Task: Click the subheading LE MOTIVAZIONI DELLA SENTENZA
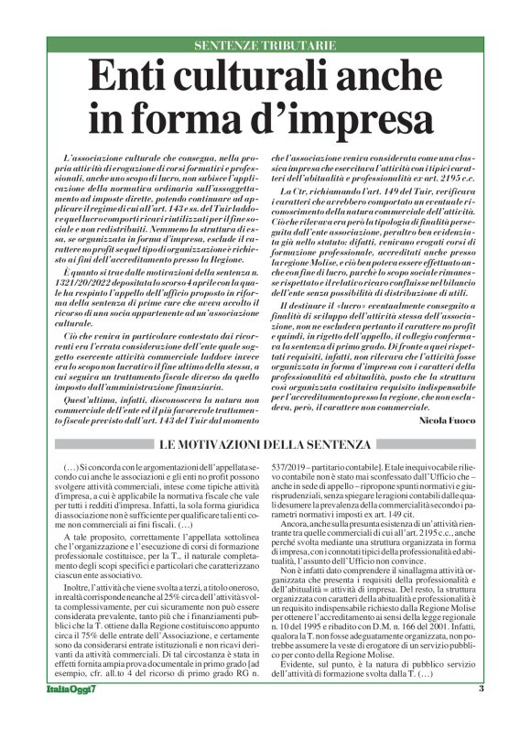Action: (265, 444)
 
